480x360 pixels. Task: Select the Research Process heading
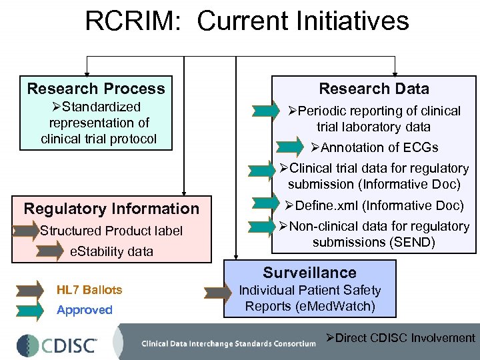click(96, 89)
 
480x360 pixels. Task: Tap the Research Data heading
click(373, 89)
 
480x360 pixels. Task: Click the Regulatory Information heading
click(111, 209)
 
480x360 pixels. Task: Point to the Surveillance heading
click(309, 273)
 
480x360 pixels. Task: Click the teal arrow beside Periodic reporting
click(267, 111)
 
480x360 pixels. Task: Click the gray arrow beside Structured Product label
click(27, 231)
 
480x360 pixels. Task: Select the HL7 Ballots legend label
click(89, 290)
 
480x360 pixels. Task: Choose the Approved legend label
click(85, 310)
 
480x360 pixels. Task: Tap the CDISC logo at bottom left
click(57, 344)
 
